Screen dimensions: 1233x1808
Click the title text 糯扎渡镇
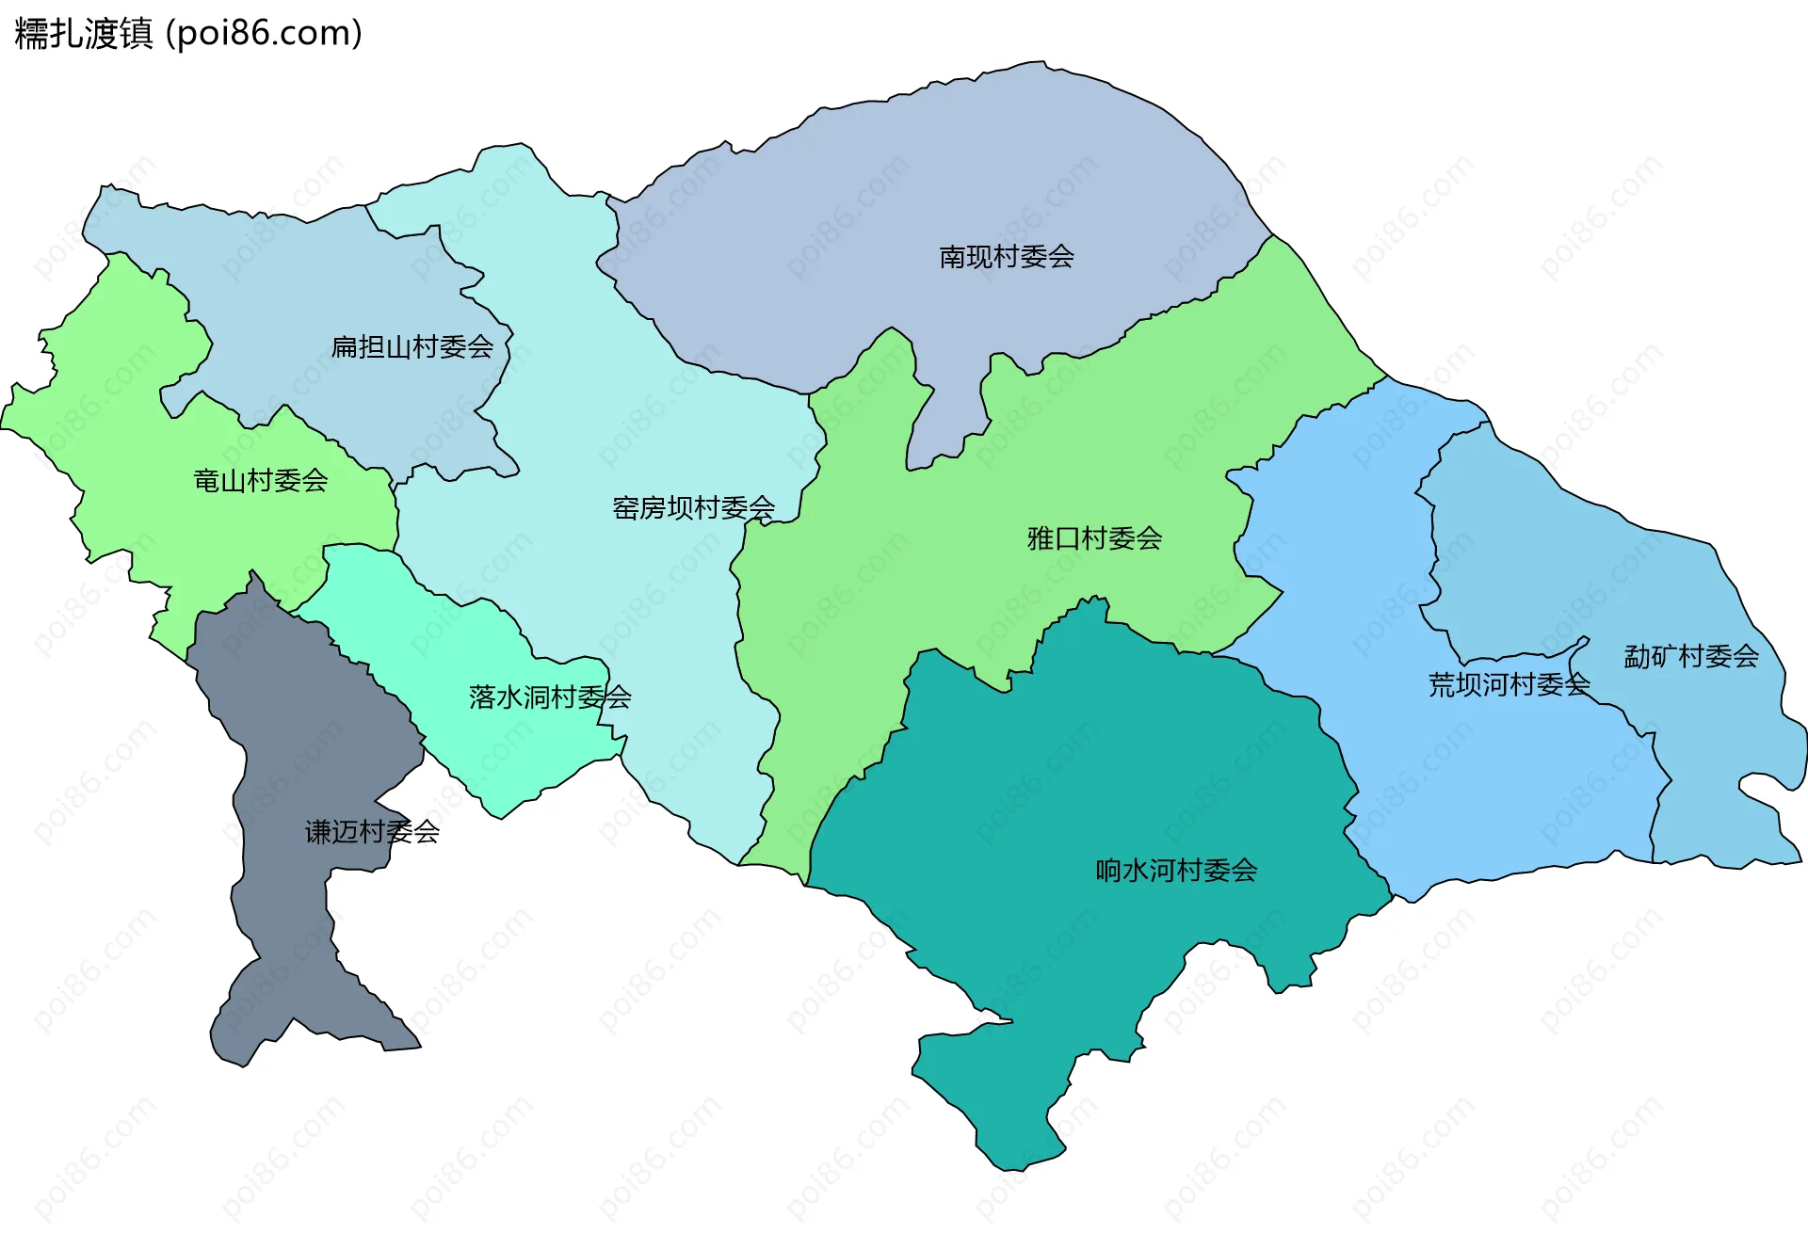tap(83, 34)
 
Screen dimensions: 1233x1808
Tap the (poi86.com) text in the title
tap(264, 34)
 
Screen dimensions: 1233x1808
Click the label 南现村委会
tap(1007, 257)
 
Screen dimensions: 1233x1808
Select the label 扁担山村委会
tap(412, 347)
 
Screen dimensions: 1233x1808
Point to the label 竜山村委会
tap(261, 481)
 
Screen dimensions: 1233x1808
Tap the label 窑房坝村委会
tap(694, 508)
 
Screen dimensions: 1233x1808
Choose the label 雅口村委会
tap(1094, 538)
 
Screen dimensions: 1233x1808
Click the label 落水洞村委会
tap(550, 697)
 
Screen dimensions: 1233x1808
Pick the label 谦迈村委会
tap(372, 832)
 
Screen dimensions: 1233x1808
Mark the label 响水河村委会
tap(1176, 871)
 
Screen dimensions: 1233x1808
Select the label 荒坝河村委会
tap(1509, 684)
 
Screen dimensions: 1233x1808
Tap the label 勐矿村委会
tap(1691, 656)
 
